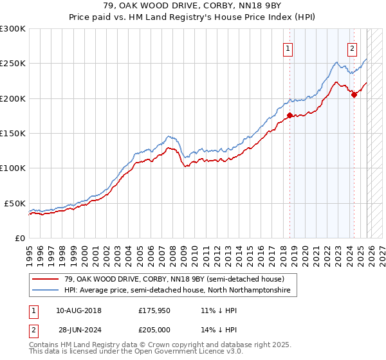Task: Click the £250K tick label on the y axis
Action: coord(13,64)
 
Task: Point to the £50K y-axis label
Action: coord(15,203)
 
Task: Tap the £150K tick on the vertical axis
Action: coord(13,133)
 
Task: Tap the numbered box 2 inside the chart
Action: coord(353,48)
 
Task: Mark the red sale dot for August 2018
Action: coord(289,115)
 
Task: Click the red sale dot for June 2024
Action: coord(354,94)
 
